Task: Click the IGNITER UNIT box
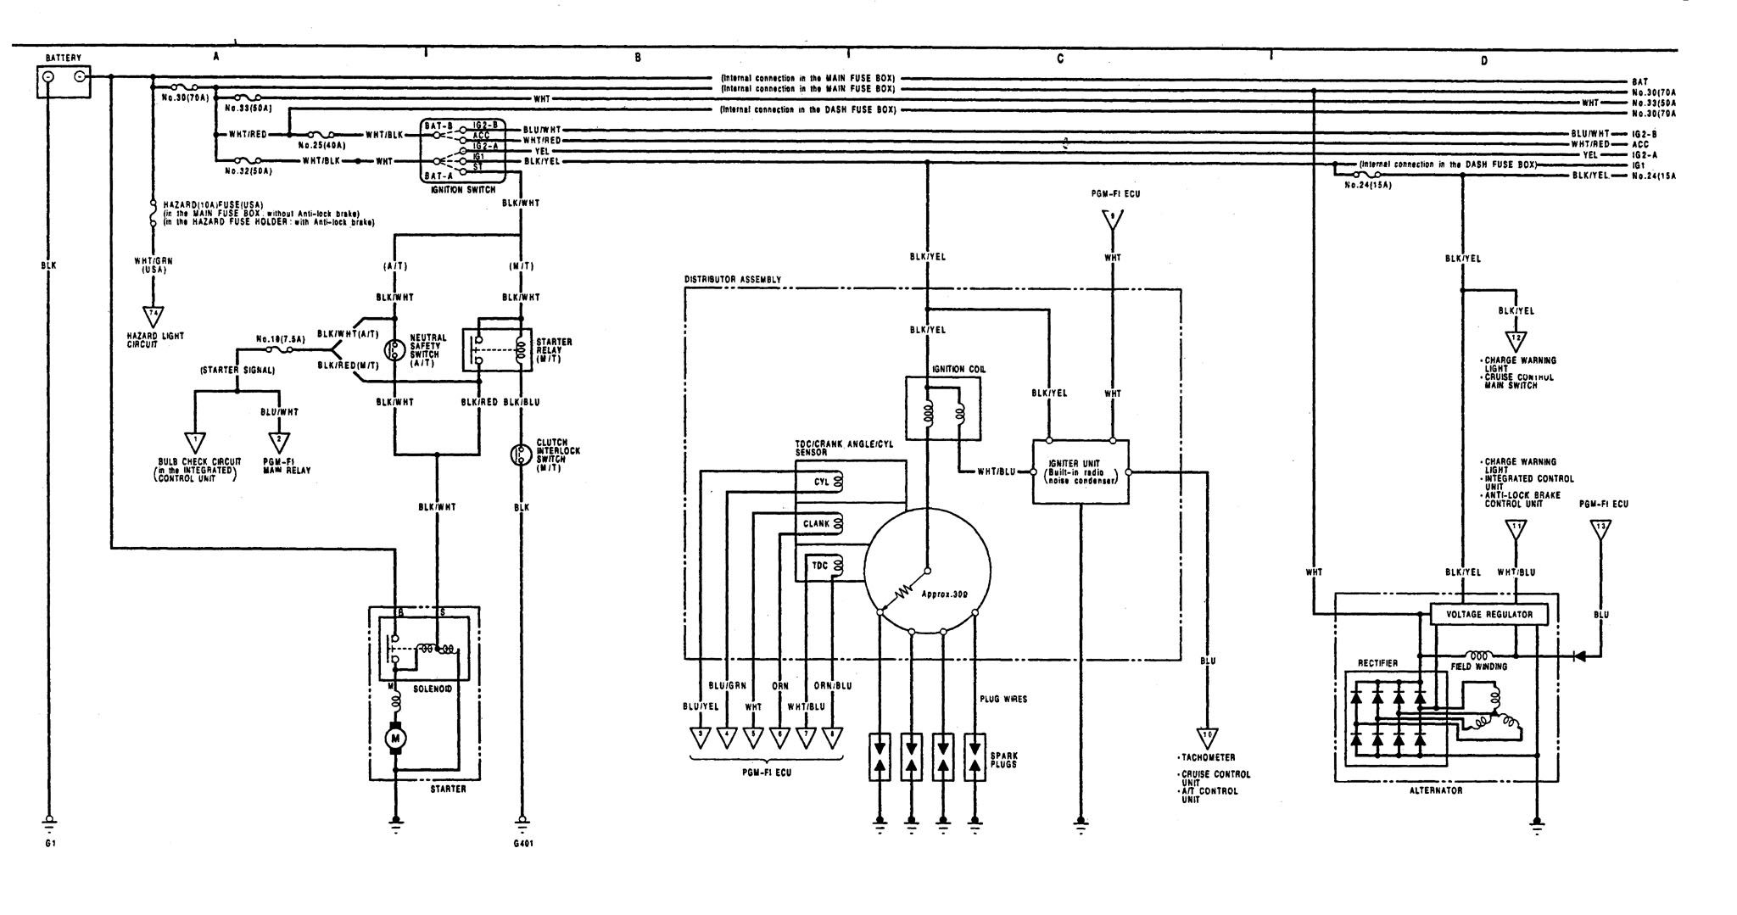(x=1080, y=472)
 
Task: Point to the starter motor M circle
(x=395, y=739)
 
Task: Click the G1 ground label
(x=49, y=844)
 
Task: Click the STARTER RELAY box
(x=496, y=348)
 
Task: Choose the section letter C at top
(x=1060, y=59)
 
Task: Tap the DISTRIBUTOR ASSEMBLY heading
(x=732, y=279)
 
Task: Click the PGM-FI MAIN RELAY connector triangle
(x=278, y=441)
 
